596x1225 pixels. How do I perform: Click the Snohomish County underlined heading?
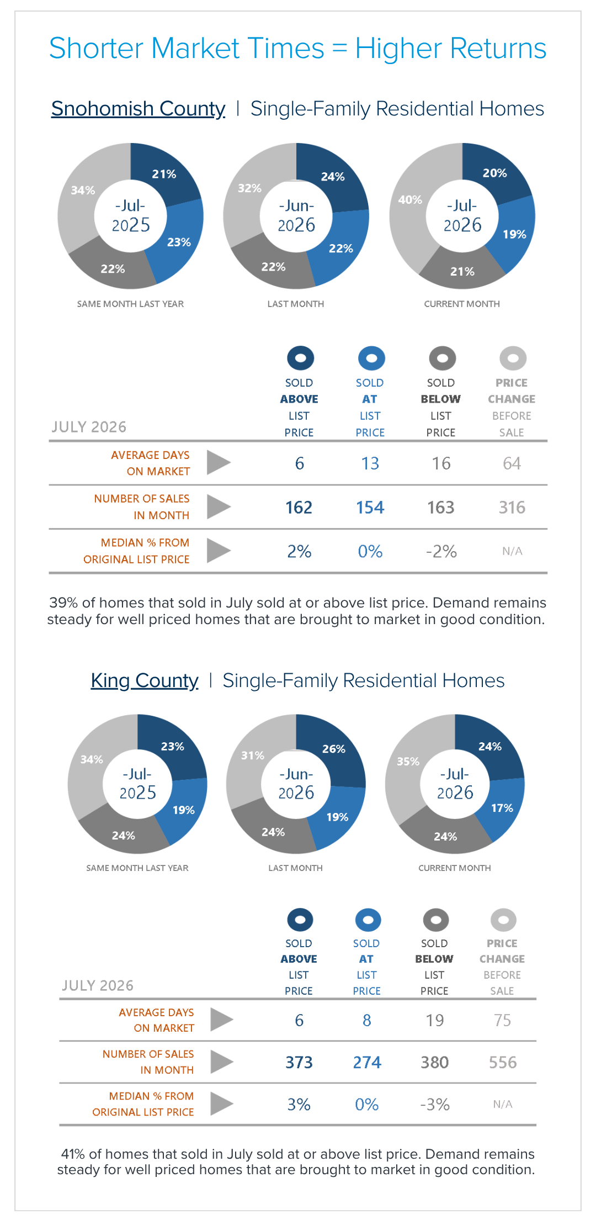[138, 109]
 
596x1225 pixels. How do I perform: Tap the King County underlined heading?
[145, 680]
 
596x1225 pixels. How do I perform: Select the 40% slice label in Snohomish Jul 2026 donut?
[410, 200]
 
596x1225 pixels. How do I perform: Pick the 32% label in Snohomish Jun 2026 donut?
[249, 188]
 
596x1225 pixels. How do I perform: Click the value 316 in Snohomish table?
[512, 508]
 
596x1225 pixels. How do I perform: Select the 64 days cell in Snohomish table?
[512, 463]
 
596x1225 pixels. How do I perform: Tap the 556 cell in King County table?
[503, 1063]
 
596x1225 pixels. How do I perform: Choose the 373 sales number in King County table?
[299, 1063]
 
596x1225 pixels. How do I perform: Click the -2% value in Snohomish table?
[441, 551]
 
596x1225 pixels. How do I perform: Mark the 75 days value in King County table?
[502, 1020]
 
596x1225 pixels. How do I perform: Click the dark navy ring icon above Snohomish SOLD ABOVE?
[300, 358]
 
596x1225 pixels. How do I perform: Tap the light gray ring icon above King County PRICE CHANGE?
[503, 920]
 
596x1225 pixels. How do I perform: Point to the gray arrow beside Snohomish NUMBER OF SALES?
[219, 506]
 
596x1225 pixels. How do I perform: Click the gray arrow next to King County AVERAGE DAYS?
[222, 1020]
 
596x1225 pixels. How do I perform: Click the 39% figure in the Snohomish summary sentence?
[63, 603]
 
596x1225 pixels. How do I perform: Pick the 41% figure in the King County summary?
[73, 1154]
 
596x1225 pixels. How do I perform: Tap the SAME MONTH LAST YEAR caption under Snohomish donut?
[130, 304]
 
